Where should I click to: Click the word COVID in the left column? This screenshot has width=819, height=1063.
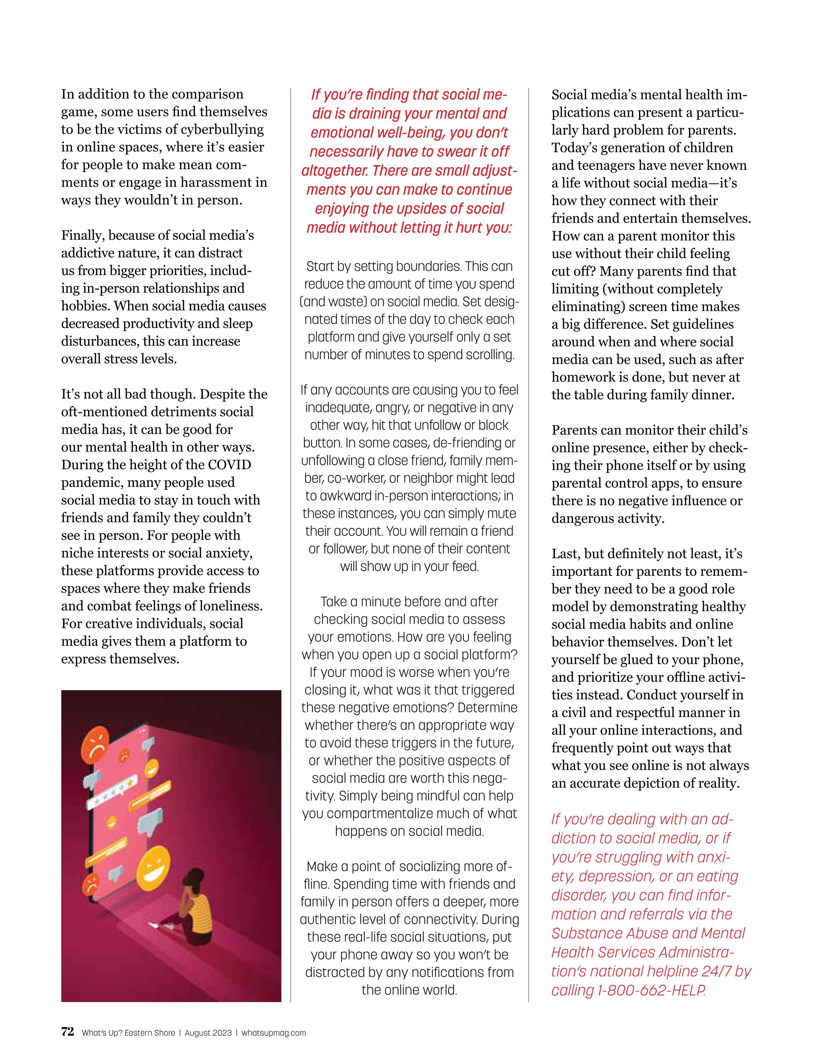229,464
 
